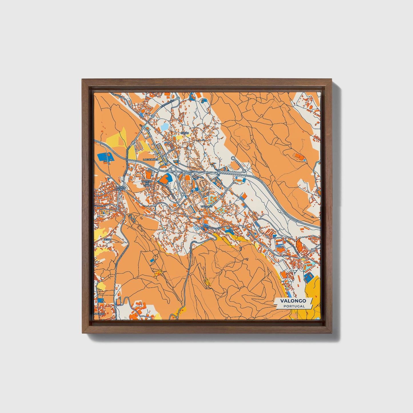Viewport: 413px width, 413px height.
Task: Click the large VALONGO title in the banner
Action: [x=293, y=301]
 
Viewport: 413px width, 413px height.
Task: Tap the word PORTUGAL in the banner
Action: [x=294, y=306]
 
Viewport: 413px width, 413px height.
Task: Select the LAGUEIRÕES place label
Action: [x=150, y=160]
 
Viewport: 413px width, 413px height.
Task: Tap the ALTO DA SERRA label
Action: [x=120, y=189]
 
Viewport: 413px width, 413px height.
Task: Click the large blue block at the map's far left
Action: [x=104, y=157]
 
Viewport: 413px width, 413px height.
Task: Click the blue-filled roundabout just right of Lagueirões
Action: [x=166, y=164]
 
